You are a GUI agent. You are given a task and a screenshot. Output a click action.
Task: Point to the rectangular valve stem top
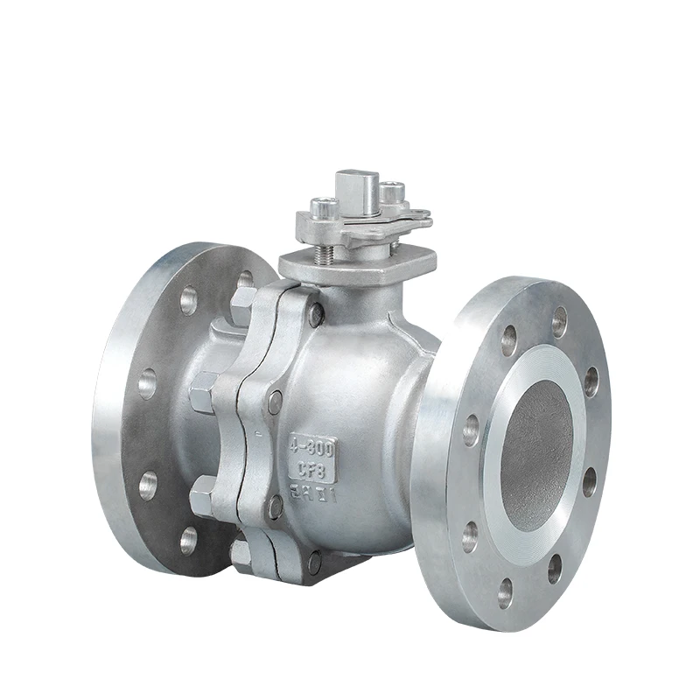click(367, 187)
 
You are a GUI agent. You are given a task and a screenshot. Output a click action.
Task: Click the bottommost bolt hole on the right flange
click(506, 592)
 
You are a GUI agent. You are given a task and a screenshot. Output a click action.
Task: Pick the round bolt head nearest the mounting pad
click(315, 313)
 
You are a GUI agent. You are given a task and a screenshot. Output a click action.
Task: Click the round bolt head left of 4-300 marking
click(276, 402)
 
